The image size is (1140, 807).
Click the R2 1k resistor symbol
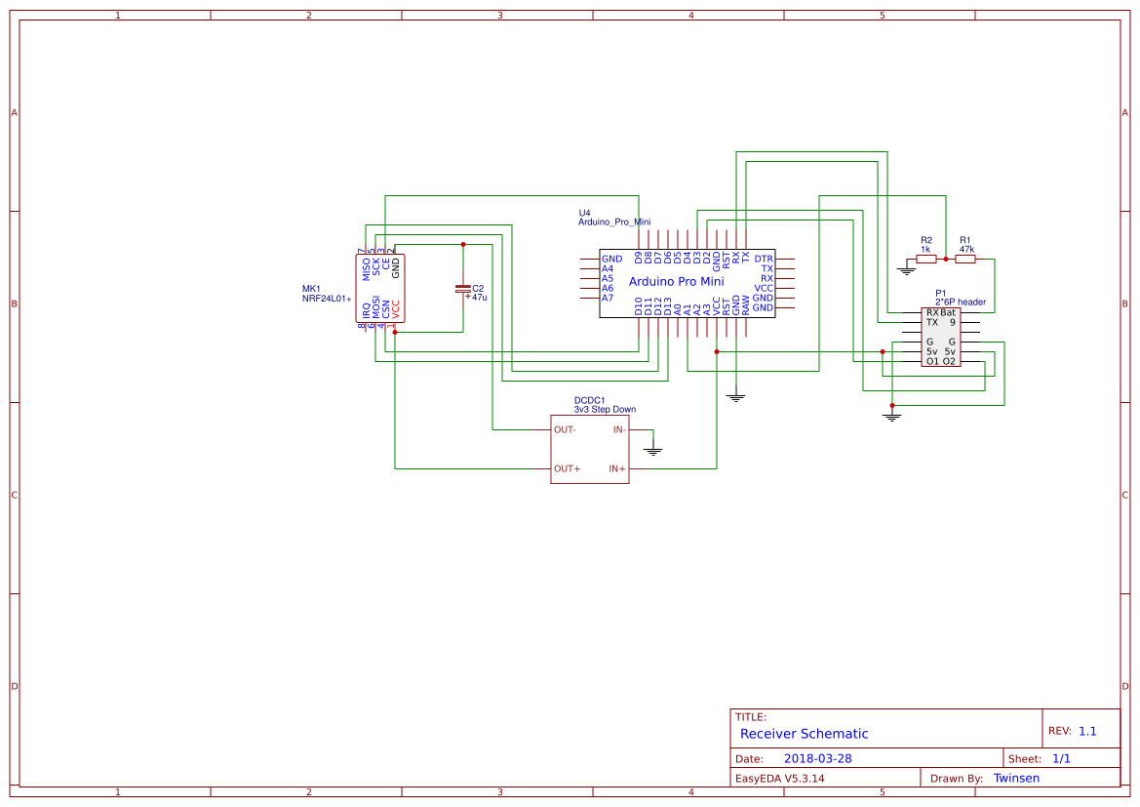point(925,260)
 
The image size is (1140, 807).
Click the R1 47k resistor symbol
point(965,260)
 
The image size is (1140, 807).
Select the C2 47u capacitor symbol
point(462,289)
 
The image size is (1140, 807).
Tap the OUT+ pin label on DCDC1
point(567,468)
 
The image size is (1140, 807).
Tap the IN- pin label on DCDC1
point(618,429)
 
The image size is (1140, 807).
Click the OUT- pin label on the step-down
point(565,429)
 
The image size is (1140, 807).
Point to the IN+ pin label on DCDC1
point(617,468)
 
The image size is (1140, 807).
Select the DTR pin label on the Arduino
point(763,259)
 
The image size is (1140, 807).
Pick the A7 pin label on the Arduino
point(608,298)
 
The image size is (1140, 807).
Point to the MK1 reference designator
point(311,289)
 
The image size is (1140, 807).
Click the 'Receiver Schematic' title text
point(804,734)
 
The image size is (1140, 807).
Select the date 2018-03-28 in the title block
point(817,758)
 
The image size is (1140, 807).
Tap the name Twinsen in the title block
point(1016,778)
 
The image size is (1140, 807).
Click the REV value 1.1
point(1087,730)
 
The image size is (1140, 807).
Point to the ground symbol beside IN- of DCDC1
point(653,449)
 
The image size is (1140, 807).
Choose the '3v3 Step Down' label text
point(605,410)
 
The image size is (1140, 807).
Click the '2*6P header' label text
point(960,303)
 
